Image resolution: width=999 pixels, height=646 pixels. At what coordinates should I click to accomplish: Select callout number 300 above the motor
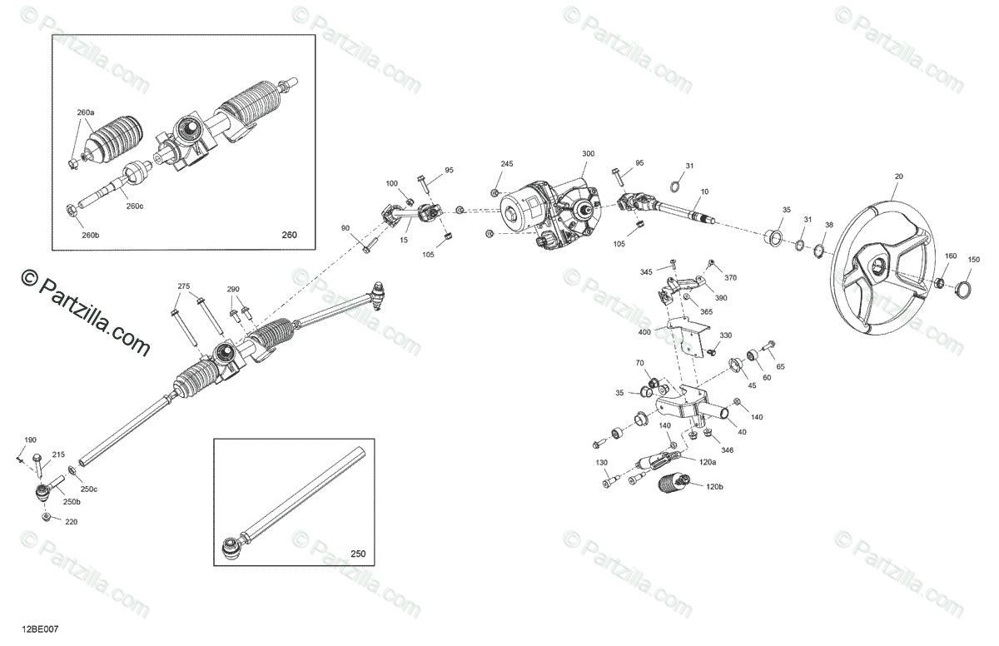(589, 155)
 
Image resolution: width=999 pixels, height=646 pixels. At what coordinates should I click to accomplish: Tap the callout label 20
(875, 176)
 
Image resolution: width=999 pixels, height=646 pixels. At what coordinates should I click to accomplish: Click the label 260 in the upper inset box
(289, 236)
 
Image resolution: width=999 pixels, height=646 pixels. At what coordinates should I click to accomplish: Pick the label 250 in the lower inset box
(357, 554)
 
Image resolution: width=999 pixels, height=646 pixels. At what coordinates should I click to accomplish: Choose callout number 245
(507, 164)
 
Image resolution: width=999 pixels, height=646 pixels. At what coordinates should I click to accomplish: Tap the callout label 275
(184, 287)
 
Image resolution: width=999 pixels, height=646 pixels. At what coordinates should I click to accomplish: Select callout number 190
(30, 440)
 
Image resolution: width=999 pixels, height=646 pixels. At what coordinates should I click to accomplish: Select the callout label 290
(233, 290)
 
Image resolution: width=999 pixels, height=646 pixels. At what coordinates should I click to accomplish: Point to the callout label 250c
(88, 489)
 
